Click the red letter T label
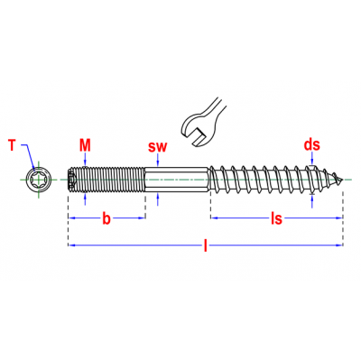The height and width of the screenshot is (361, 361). [x=12, y=145]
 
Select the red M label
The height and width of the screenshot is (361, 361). [x=85, y=145]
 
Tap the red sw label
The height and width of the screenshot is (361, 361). [x=157, y=146]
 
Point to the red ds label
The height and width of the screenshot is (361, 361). [x=312, y=144]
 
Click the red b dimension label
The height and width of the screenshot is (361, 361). [x=106, y=218]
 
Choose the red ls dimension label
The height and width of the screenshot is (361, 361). [x=276, y=218]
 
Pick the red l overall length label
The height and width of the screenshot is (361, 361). [x=206, y=245]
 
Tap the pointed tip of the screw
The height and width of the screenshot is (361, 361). [x=342, y=180]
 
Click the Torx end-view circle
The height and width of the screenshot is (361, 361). [x=38, y=180]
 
